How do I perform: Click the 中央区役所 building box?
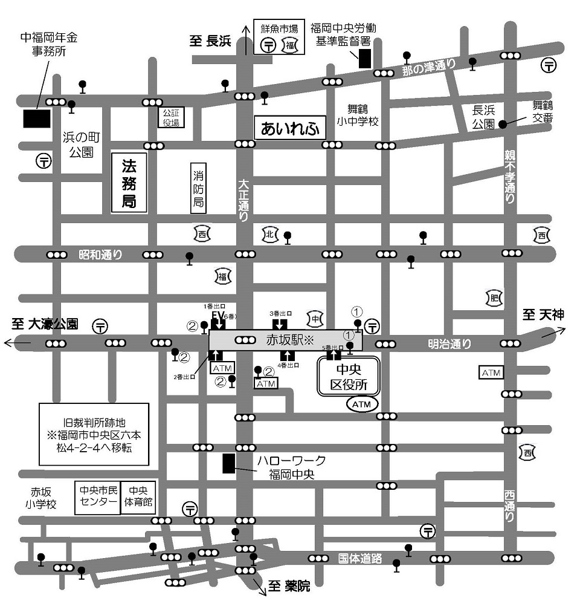tap(349, 376)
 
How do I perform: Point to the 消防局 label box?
tap(198, 188)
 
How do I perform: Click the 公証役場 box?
tap(172, 117)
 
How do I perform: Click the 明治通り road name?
tap(449, 344)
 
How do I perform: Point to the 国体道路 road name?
tap(360, 559)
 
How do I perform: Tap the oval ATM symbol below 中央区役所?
tap(362, 403)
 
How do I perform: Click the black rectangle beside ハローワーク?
tap(228, 463)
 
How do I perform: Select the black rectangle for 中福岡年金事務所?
tap(37, 119)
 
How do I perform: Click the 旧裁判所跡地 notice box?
tap(94, 434)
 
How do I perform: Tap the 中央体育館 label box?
tap(138, 497)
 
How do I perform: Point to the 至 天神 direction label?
tap(543, 314)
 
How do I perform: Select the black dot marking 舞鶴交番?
tap(503, 123)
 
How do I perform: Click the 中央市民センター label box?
tap(97, 497)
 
